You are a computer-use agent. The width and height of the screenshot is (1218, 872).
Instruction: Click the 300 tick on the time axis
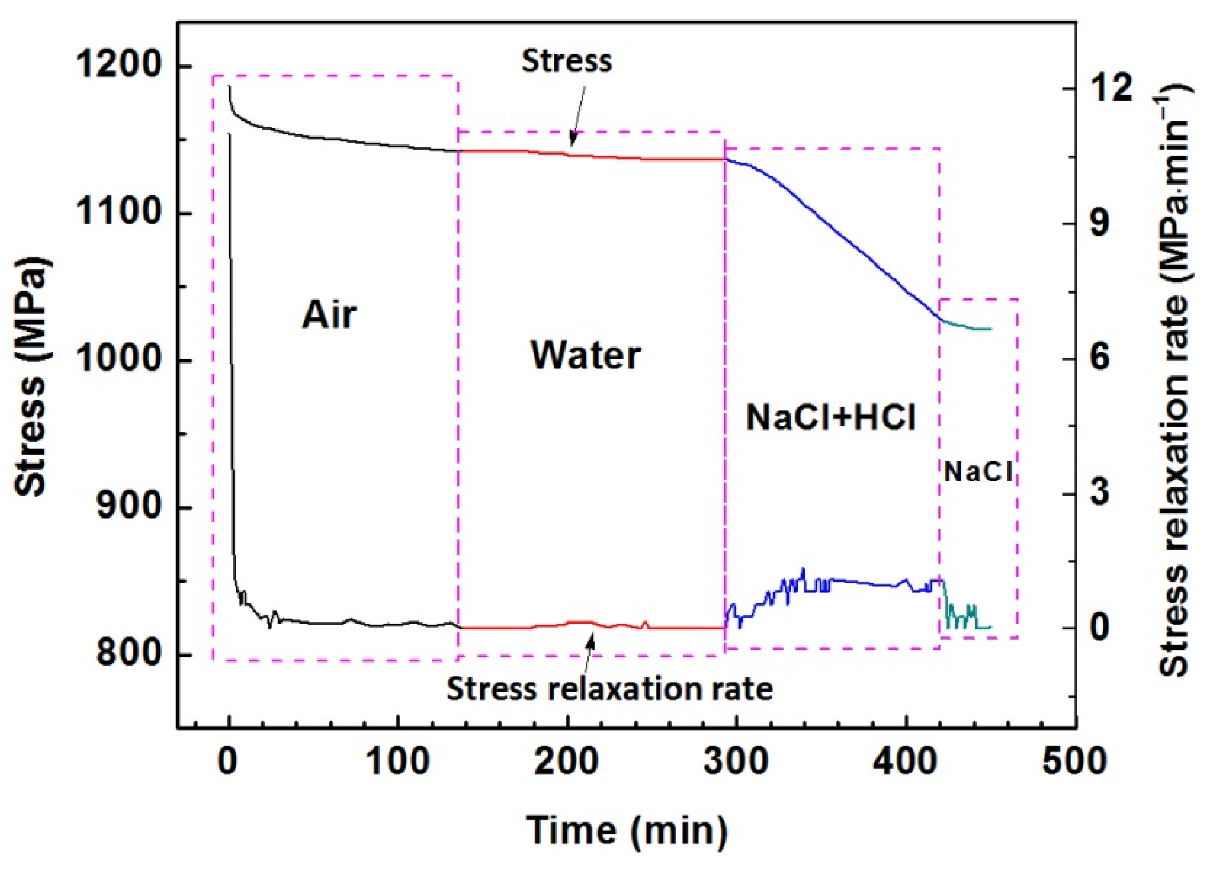tap(736, 762)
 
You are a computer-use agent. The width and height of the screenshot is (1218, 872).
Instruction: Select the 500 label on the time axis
tap(1074, 762)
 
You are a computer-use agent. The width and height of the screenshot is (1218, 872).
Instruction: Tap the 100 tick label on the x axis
tap(398, 762)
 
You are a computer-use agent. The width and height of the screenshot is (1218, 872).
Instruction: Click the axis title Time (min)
tap(626, 830)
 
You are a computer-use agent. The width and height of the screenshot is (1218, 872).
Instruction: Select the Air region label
tap(329, 315)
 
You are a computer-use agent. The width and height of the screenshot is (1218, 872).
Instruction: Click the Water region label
tap(585, 356)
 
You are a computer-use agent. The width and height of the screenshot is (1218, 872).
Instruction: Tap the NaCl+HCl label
tap(831, 418)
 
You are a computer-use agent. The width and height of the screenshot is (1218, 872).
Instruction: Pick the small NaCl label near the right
tap(978, 473)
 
